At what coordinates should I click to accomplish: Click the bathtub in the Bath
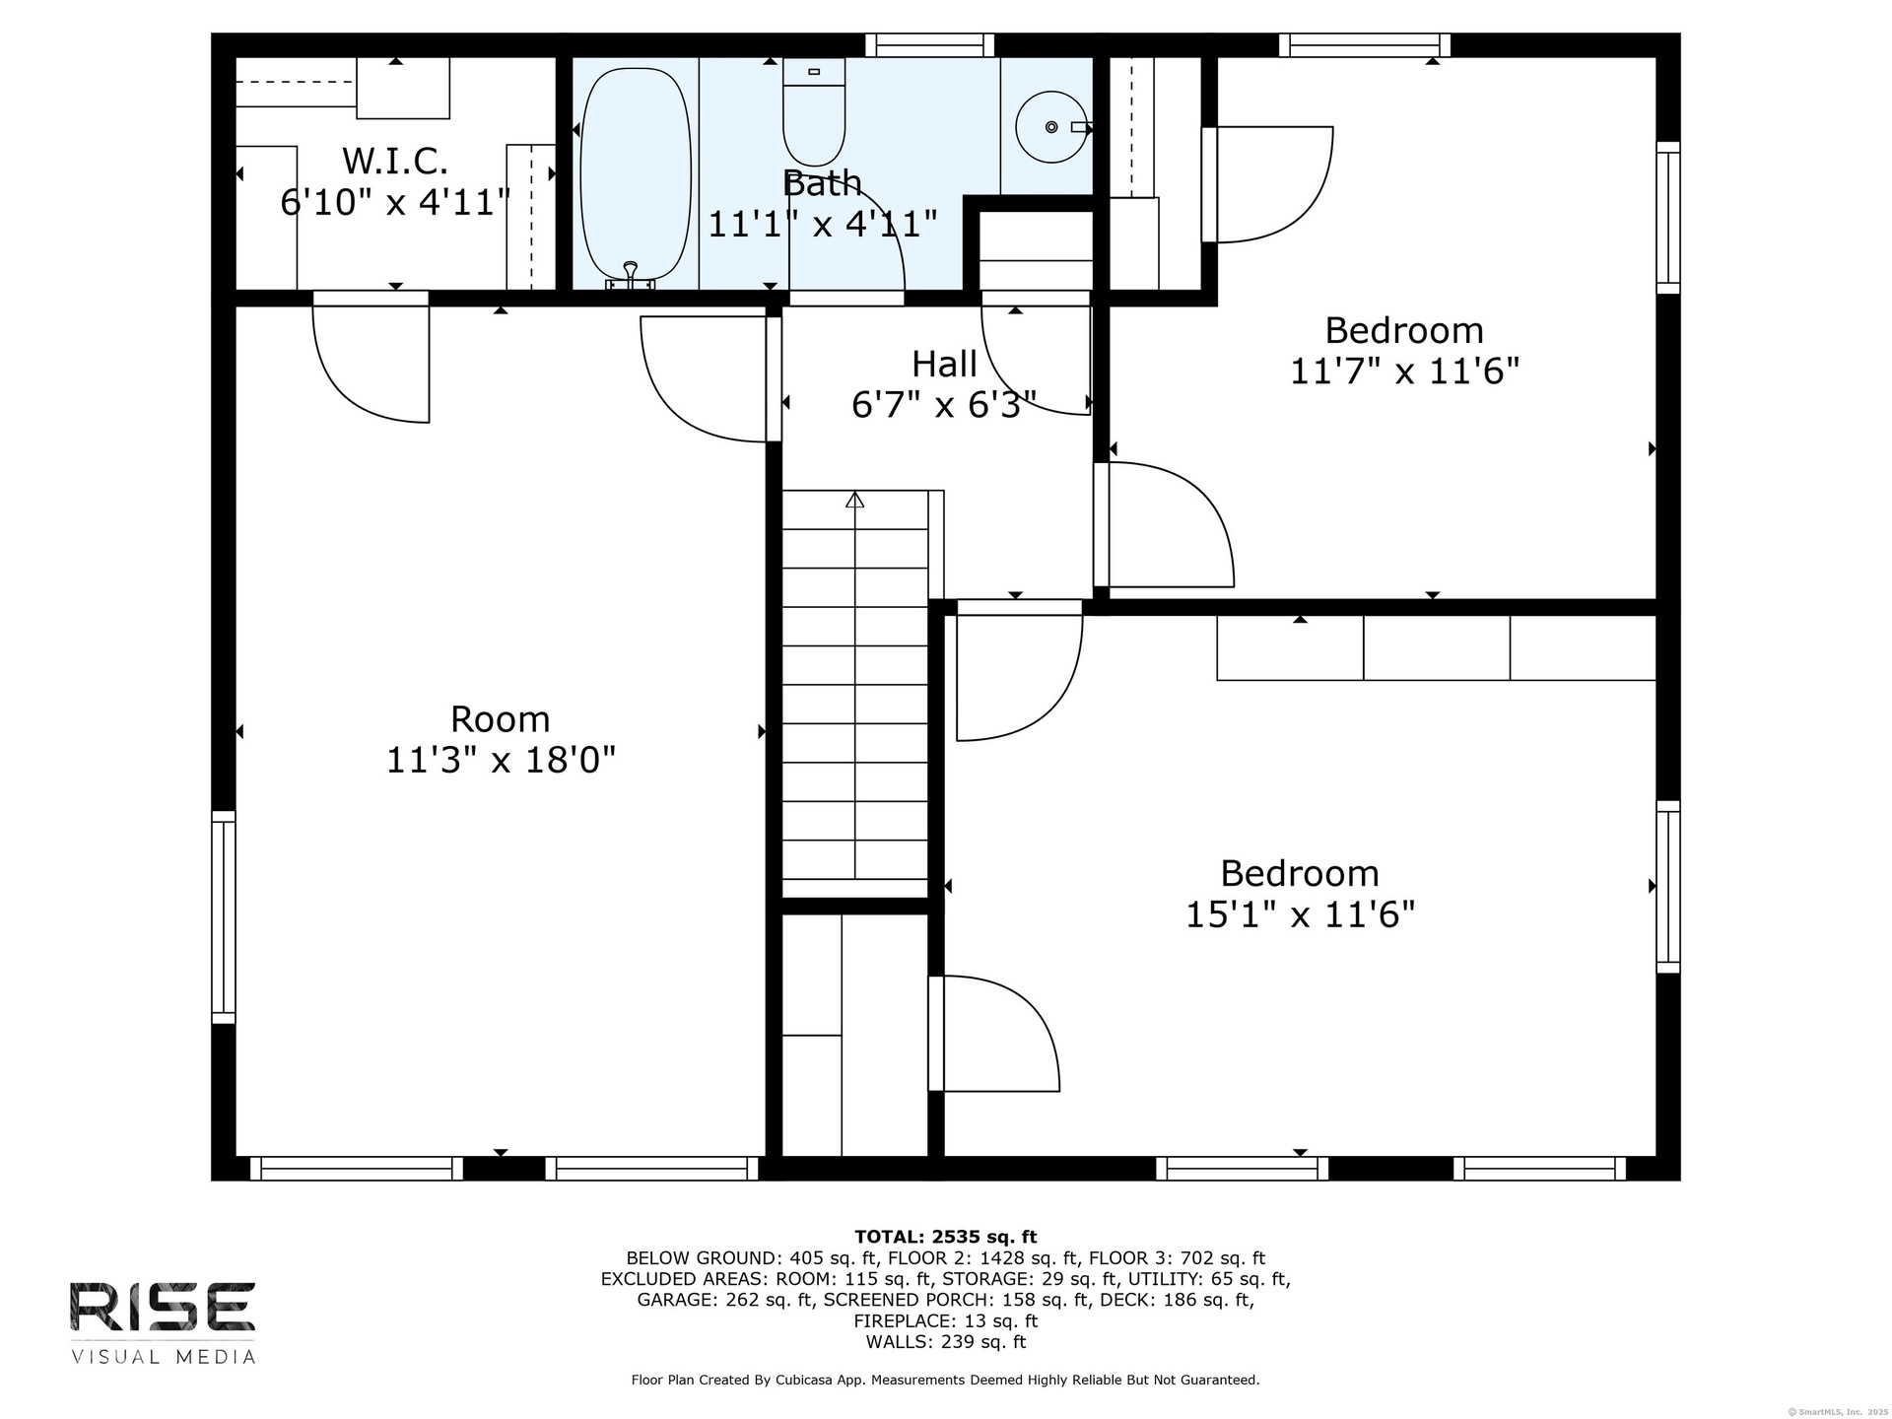(635, 175)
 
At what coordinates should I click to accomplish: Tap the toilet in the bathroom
(814, 111)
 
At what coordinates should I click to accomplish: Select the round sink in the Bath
(1051, 127)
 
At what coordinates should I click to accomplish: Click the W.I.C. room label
(395, 160)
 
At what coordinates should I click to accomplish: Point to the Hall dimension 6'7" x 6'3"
(944, 404)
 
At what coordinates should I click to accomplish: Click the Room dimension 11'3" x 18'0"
(501, 760)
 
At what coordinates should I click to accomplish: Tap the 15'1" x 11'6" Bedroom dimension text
(1300, 914)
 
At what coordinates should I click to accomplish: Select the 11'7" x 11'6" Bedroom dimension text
(1404, 372)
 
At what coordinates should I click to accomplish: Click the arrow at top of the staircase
(854, 500)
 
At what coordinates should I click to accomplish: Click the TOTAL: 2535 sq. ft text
(945, 1237)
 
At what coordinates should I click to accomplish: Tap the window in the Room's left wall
(224, 916)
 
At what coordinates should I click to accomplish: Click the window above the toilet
(929, 45)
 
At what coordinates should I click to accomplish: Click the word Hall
(944, 364)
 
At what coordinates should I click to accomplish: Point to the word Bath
(822, 182)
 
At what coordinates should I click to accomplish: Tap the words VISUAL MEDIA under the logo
(163, 1357)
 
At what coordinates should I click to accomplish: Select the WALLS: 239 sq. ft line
(945, 1342)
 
